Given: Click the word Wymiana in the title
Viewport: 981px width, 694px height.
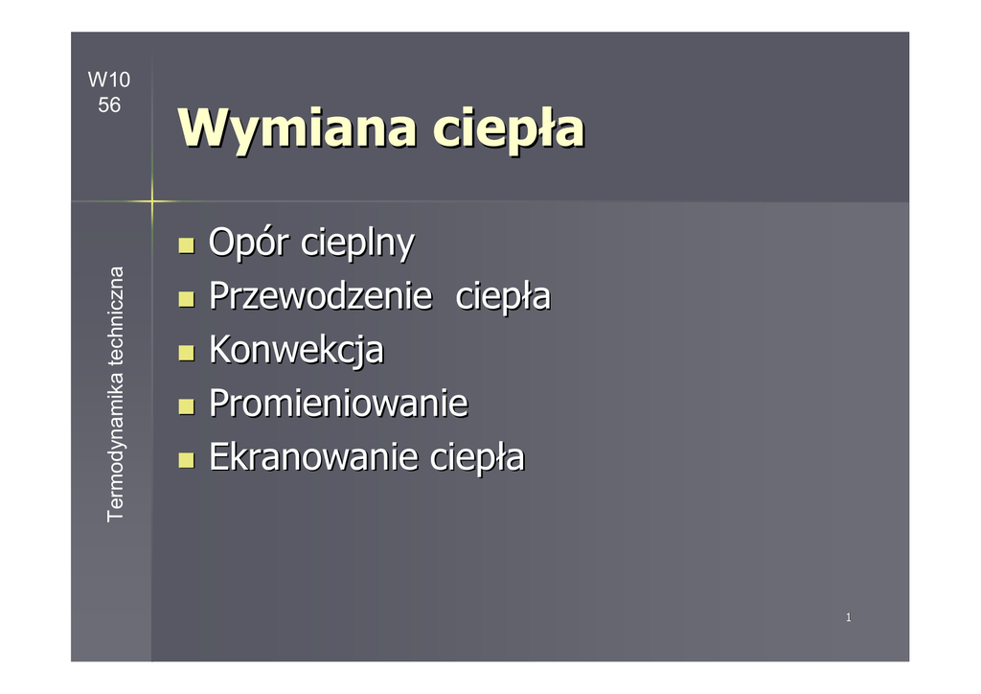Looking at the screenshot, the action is pyautogui.click(x=297, y=128).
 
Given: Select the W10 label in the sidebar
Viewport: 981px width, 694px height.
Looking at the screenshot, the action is pyautogui.click(x=109, y=80).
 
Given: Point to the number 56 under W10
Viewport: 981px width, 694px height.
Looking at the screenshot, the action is pyautogui.click(x=109, y=104).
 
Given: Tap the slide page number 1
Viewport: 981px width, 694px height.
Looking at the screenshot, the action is pyautogui.click(x=849, y=617).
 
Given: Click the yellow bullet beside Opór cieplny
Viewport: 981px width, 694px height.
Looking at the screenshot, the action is pyautogui.click(x=186, y=244).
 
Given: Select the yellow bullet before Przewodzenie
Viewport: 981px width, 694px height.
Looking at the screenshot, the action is pyautogui.click(x=186, y=298).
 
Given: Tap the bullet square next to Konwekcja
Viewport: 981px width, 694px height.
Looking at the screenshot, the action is pyautogui.click(x=186, y=353).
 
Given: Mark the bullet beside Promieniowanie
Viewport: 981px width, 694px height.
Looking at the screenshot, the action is pyautogui.click(x=186, y=406).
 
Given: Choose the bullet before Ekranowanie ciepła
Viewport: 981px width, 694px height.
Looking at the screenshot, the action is pyautogui.click(x=186, y=460).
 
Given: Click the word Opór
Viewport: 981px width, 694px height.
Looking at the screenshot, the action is pyautogui.click(x=249, y=243).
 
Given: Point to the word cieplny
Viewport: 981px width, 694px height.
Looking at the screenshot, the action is pyautogui.click(x=358, y=243).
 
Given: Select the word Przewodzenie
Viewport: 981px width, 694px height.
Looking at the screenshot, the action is pyautogui.click(x=321, y=295).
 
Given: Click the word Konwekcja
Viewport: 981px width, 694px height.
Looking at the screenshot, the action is pyautogui.click(x=297, y=350).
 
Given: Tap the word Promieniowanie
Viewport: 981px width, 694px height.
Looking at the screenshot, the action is pyautogui.click(x=338, y=403).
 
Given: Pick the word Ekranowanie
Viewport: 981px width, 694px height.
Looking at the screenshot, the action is pyautogui.click(x=313, y=457).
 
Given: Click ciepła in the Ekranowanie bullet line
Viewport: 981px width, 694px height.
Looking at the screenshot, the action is pyautogui.click(x=477, y=457).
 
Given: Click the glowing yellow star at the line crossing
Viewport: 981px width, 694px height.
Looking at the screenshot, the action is pyautogui.click(x=152, y=201).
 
